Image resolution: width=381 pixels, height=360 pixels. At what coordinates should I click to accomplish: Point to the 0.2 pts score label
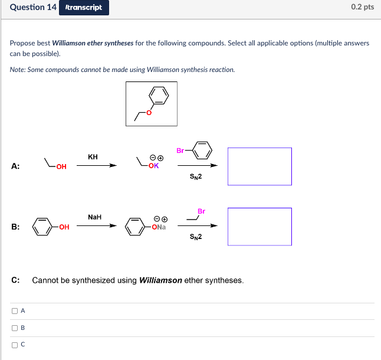point(362,7)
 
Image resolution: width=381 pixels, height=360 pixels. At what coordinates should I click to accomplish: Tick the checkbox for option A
point(14,310)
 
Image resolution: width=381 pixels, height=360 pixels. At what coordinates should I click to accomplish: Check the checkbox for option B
point(14,328)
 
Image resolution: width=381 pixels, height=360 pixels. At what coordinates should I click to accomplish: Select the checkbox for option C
point(14,345)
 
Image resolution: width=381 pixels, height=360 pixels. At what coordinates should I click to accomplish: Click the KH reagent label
point(93,157)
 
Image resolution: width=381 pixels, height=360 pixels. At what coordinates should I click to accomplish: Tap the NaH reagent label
point(94,217)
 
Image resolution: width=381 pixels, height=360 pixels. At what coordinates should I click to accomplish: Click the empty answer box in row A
point(260,166)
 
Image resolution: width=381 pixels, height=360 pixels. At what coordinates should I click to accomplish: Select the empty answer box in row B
point(260,227)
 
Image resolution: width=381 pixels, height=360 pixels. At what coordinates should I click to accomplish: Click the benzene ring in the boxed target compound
point(159,94)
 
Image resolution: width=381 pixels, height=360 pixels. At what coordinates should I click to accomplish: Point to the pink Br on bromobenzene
point(180,150)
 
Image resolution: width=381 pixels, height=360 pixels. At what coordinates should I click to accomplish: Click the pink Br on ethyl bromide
point(201,211)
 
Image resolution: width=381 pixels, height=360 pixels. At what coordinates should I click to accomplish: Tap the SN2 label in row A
point(196,176)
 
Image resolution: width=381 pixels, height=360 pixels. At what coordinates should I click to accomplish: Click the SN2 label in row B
point(196,237)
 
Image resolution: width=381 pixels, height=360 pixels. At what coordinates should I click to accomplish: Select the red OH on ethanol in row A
point(61,166)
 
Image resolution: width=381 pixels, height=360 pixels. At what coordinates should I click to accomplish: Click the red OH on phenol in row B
point(64,227)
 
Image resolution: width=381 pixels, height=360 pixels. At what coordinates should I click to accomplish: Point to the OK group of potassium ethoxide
point(153,166)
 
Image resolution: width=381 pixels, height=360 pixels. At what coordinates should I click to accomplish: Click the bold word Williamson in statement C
point(160,280)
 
